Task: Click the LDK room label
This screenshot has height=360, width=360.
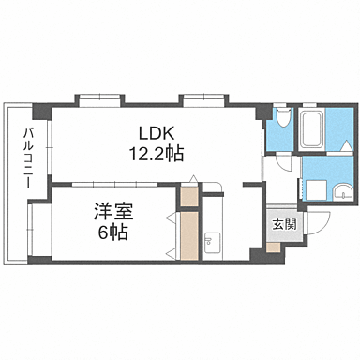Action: pos(157,134)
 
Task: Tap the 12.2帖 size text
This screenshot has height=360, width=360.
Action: pos(157,154)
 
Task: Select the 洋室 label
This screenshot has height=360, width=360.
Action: pos(113,213)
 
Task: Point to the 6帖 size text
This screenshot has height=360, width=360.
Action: pos(113,232)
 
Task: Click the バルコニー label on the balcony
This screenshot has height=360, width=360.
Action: pos(28,157)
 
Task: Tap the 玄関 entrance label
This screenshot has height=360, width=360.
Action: pos(284,224)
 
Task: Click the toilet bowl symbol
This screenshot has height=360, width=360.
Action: pos(284,117)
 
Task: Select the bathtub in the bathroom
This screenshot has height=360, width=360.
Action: pos(311,129)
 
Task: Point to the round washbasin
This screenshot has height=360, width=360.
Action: pos(343,192)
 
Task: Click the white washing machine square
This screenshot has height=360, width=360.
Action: pos(316,190)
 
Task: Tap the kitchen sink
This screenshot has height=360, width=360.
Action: pos(213,242)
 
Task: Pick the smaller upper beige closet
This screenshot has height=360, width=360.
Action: pos(189,196)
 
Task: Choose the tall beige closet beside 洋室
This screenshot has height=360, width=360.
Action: pos(189,235)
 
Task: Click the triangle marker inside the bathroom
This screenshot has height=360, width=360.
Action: pos(347,146)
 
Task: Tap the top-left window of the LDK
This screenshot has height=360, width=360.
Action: pos(99,100)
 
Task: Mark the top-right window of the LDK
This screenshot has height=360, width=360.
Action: pos(203,100)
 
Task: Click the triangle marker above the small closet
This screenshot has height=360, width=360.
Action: pos(194,179)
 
